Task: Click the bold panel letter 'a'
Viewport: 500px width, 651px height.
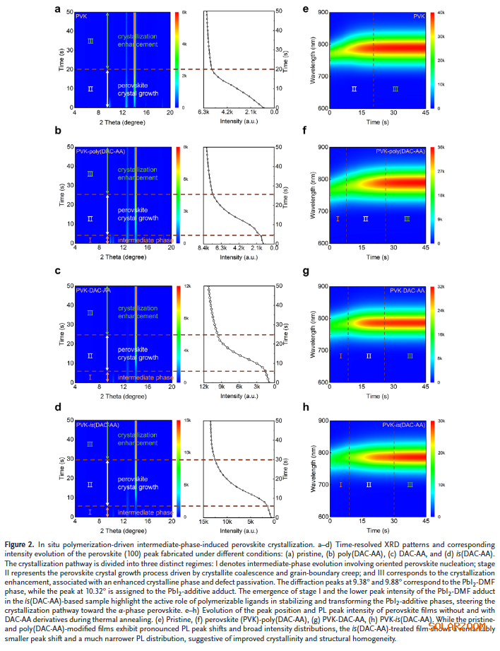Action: pyautogui.click(x=56, y=8)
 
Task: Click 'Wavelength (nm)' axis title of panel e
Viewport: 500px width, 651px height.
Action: pyautogui.click(x=312, y=60)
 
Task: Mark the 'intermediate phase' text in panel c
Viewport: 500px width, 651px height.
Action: pyautogui.click(x=145, y=377)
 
